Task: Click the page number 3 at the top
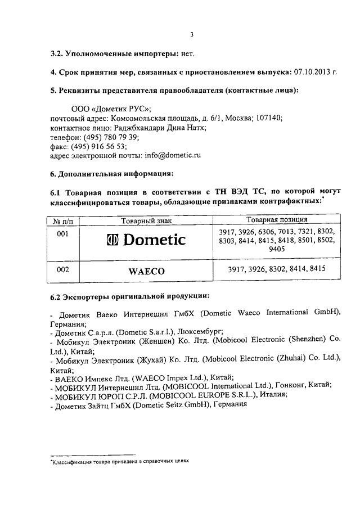tap(191, 34)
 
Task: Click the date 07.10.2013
tap(313, 72)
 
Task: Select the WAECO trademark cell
tap(146, 271)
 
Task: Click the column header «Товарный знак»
tap(146, 219)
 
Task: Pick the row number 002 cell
tap(64, 269)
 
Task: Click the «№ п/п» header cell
tap(63, 220)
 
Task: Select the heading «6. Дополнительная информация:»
tap(112, 172)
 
